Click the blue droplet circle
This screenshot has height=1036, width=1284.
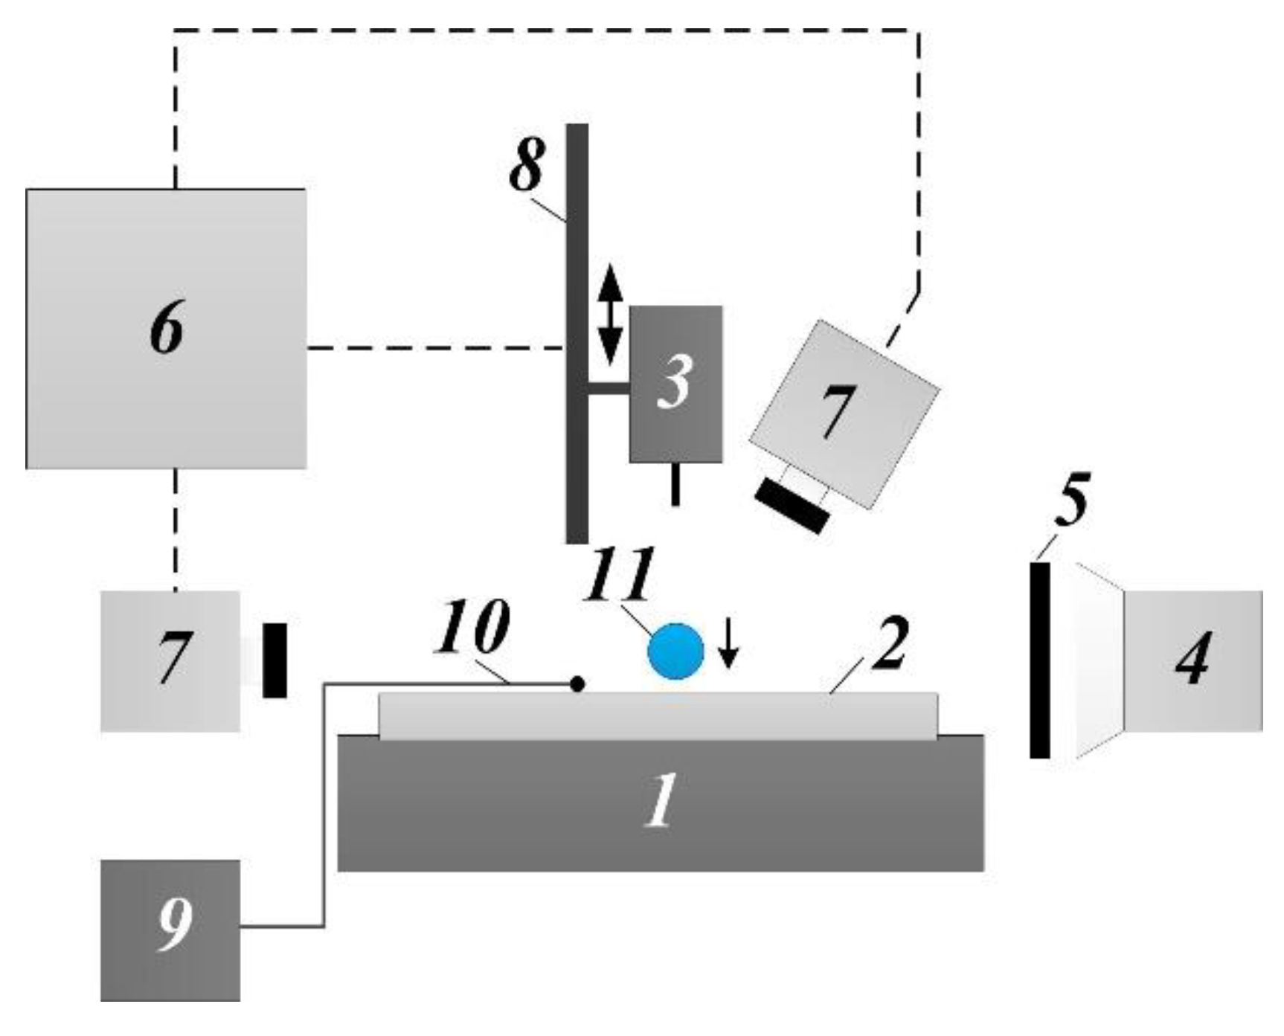pyautogui.click(x=675, y=651)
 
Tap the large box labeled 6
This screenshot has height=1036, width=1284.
pyautogui.click(x=166, y=329)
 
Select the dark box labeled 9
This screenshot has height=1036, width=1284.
pyautogui.click(x=170, y=930)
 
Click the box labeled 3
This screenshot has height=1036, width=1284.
pyautogui.click(x=675, y=384)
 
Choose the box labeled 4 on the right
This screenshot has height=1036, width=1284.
pyautogui.click(x=1192, y=660)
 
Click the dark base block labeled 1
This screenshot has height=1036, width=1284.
pyautogui.click(x=661, y=803)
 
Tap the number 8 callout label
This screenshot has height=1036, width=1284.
pyautogui.click(x=527, y=165)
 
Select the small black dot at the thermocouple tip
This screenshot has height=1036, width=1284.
pyautogui.click(x=576, y=683)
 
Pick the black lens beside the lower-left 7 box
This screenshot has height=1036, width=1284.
pyautogui.click(x=275, y=660)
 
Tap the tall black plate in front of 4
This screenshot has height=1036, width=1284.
pyautogui.click(x=1039, y=660)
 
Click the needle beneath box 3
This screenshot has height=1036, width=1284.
pyautogui.click(x=675, y=483)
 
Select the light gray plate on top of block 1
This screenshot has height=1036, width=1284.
pyautogui.click(x=658, y=715)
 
